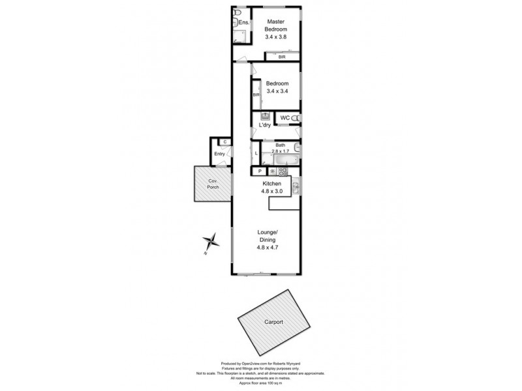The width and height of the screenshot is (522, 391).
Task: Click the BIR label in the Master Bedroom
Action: (x=281, y=57)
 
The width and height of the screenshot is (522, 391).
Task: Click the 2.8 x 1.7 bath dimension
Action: (x=281, y=151)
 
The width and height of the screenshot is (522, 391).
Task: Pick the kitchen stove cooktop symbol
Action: (x=283, y=171)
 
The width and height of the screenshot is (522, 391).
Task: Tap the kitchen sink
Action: (x=296, y=189)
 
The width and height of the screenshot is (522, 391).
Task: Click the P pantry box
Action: (x=260, y=171)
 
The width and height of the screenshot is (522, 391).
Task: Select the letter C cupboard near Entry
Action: (x=224, y=141)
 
